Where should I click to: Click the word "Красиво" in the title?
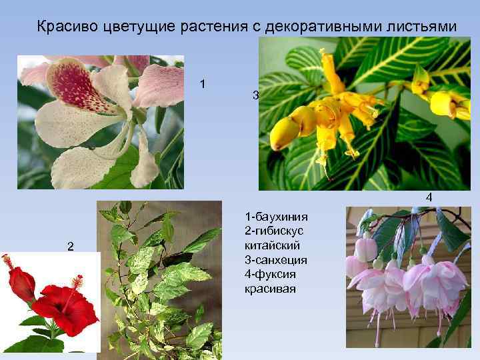click(x=66, y=27)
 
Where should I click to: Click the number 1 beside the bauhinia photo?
click(x=203, y=84)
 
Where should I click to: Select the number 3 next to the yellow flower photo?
click(x=255, y=95)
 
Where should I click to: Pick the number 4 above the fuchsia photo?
click(x=429, y=197)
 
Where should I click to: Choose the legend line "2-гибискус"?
click(x=275, y=231)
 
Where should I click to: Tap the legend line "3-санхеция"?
click(x=275, y=260)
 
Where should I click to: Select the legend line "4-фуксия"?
click(x=271, y=275)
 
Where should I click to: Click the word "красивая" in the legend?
click(x=266, y=289)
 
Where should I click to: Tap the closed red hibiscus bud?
click(x=21, y=283)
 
